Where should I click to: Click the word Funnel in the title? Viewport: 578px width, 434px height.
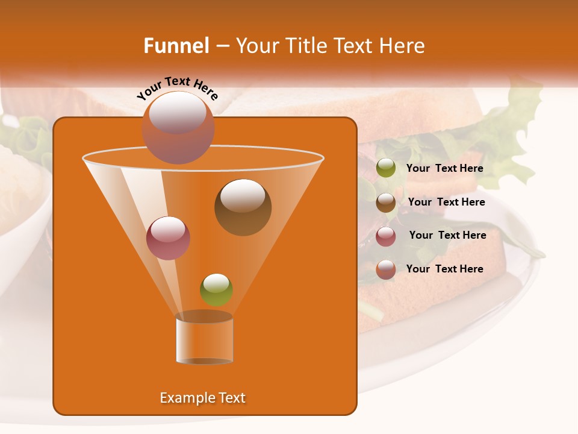tap(176, 46)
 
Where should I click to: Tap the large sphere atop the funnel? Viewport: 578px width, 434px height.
tap(178, 127)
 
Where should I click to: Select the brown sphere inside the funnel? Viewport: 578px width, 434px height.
tap(243, 207)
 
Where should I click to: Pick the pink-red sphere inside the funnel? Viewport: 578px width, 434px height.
tap(168, 238)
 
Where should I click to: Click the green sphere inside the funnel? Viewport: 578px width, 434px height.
tap(216, 289)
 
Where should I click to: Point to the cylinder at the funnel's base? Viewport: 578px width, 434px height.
tap(204, 340)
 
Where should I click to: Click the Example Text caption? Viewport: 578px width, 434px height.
tap(202, 398)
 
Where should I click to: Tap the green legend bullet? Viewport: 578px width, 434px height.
tap(386, 168)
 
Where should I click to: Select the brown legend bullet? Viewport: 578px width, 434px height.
tap(386, 203)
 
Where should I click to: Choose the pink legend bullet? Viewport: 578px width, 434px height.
tap(386, 236)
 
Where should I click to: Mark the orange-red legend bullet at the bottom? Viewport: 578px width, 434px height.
tap(386, 269)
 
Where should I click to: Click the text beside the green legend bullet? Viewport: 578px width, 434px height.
tap(444, 168)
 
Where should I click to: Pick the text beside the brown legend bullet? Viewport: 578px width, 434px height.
tap(446, 202)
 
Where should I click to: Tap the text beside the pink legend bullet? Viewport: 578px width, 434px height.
tap(447, 235)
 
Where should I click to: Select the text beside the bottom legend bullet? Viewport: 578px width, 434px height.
tap(444, 269)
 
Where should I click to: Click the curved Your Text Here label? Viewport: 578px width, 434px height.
tap(177, 88)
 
